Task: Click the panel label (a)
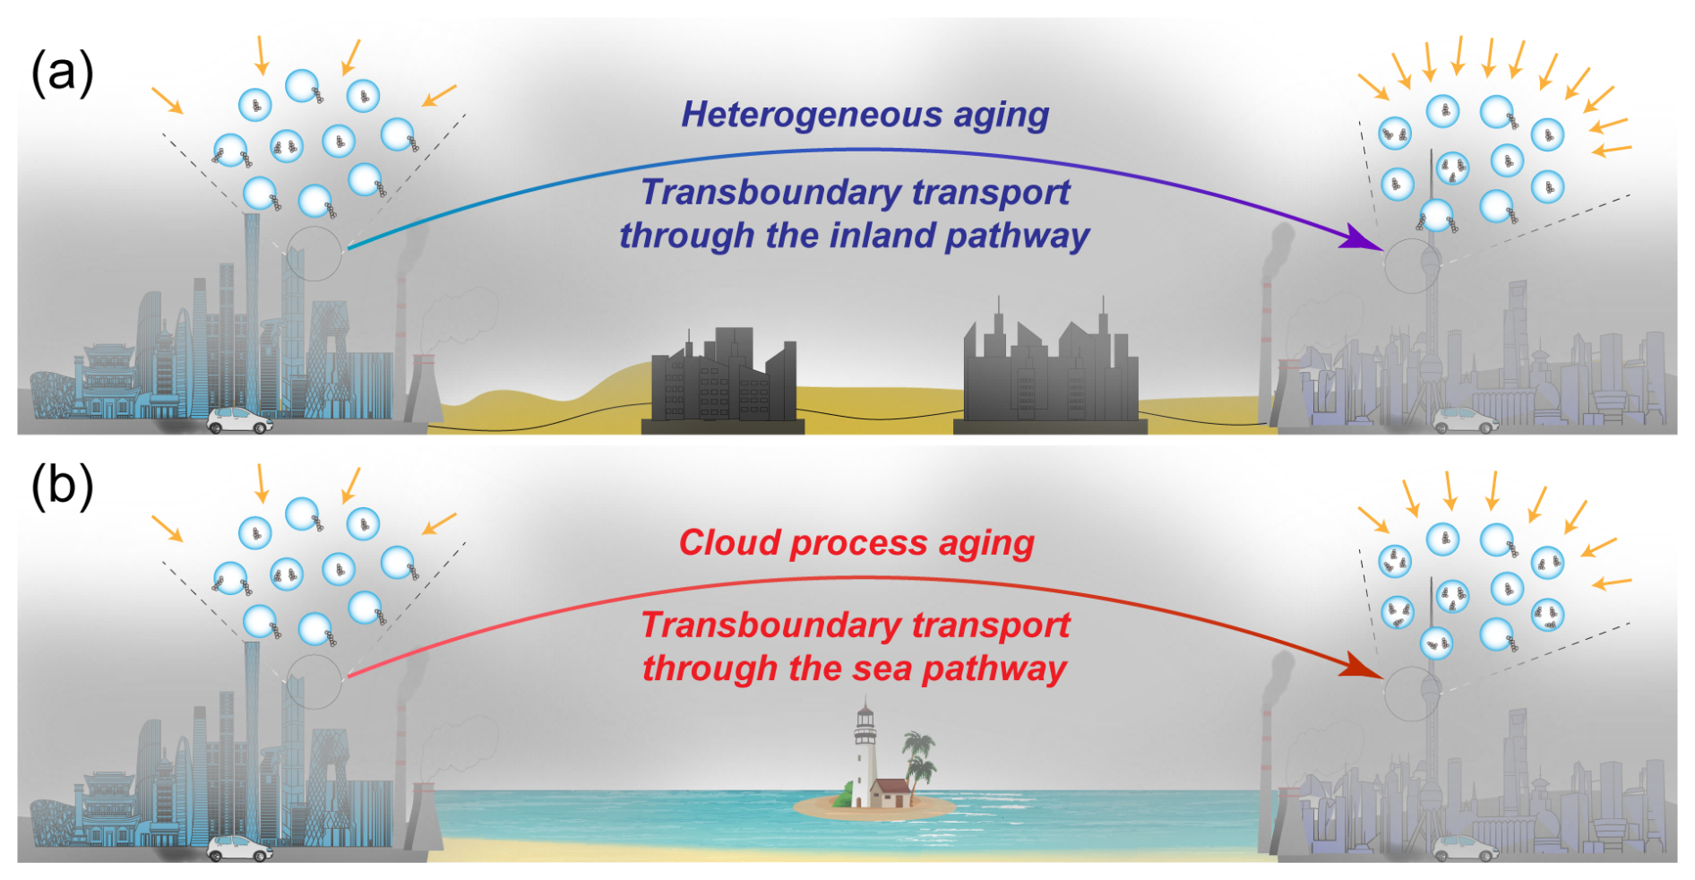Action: click(x=62, y=73)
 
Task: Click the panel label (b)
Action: click(x=62, y=487)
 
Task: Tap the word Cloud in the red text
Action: click(x=729, y=542)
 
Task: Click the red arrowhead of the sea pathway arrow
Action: click(x=1363, y=666)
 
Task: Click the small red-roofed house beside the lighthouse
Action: click(x=891, y=793)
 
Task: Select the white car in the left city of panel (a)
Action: click(x=239, y=420)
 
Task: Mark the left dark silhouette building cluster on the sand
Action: click(x=723, y=379)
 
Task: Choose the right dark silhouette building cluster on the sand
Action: click(x=1050, y=369)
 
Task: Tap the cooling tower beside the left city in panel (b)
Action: click(x=423, y=816)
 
